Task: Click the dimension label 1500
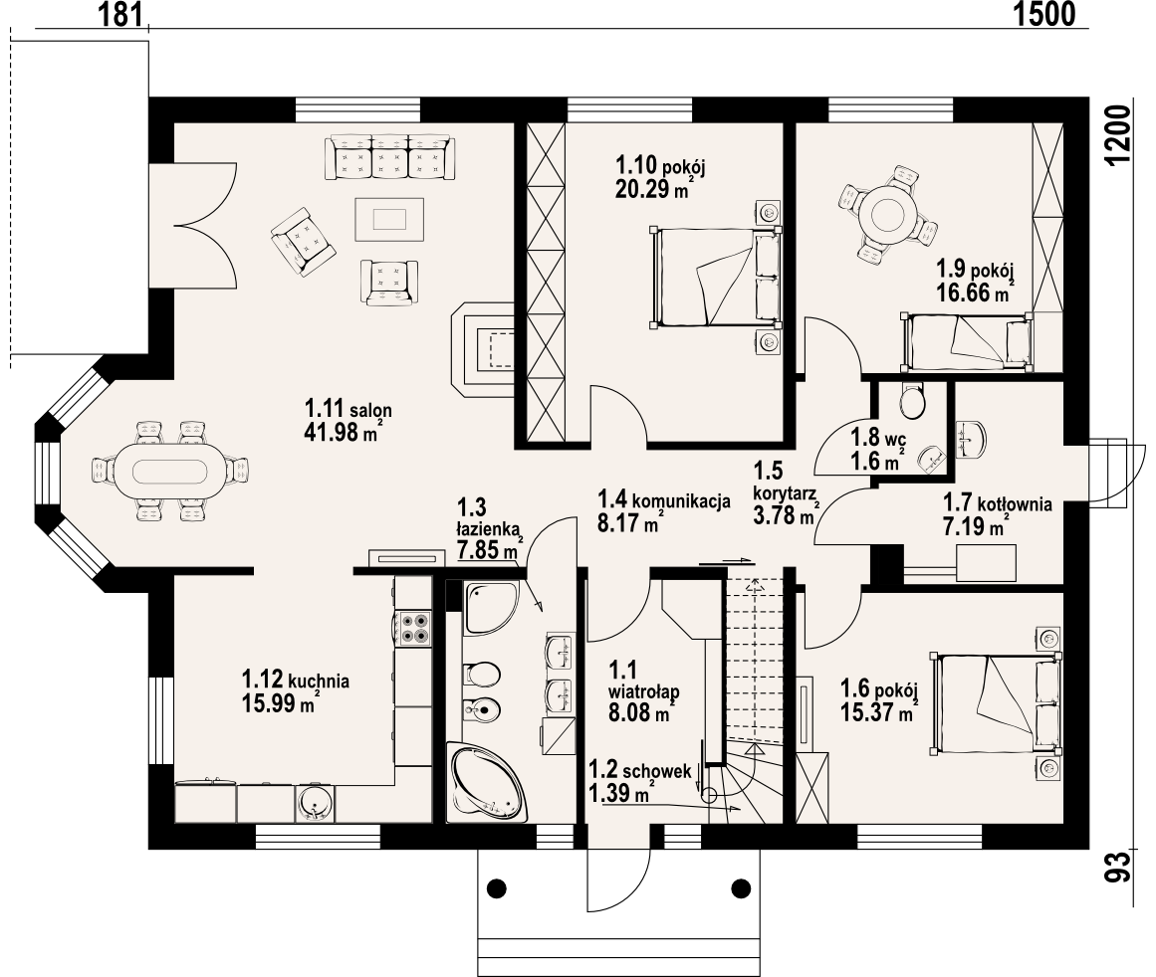coord(1043,14)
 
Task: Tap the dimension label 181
coord(120,14)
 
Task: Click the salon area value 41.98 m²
coord(343,431)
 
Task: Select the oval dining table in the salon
coord(169,472)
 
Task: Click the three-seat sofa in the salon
coord(390,157)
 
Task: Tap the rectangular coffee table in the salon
coord(389,219)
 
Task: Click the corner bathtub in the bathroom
coord(488,785)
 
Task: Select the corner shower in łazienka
coord(490,606)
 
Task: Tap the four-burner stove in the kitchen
coord(413,628)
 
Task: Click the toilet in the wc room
coord(913,401)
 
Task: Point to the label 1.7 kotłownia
coord(998,504)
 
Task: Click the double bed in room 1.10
coord(715,277)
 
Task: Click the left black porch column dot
coord(498,887)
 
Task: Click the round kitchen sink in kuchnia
coord(316,802)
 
